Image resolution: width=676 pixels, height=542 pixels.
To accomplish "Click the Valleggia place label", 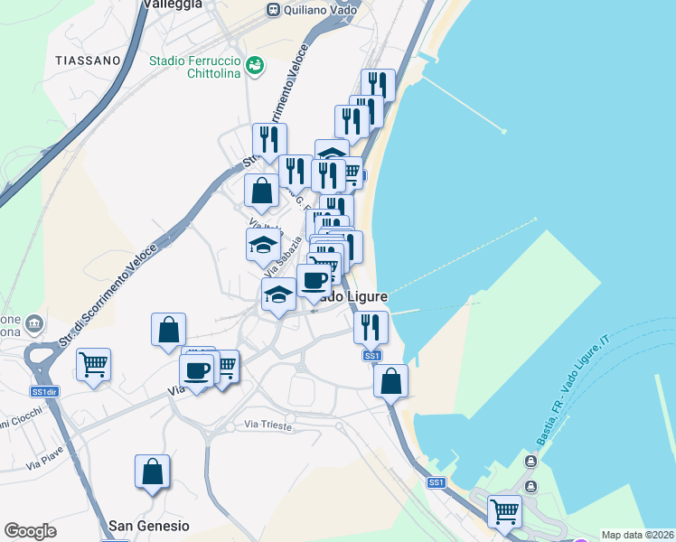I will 172,5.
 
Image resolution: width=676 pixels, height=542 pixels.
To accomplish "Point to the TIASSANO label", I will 88,61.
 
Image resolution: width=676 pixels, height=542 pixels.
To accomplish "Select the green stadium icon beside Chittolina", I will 256,65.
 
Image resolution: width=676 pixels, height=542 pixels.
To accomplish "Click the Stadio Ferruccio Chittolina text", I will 194,68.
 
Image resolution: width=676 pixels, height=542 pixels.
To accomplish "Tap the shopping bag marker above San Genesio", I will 152,472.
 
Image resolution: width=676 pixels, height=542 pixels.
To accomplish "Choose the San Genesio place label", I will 149,525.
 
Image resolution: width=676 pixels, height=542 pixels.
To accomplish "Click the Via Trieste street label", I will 269,425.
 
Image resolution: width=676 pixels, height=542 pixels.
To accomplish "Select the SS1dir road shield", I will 44,392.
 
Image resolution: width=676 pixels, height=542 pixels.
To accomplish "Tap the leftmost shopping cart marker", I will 93,366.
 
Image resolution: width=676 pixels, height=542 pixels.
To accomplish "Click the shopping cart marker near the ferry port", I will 504,511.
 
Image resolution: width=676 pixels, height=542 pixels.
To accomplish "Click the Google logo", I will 30,531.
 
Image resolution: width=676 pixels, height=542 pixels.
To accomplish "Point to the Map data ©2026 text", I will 638,535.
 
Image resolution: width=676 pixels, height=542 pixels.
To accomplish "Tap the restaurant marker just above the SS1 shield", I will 371,328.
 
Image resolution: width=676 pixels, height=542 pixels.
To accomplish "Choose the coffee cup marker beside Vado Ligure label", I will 314,282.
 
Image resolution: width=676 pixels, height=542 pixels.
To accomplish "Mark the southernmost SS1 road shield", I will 437,483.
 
